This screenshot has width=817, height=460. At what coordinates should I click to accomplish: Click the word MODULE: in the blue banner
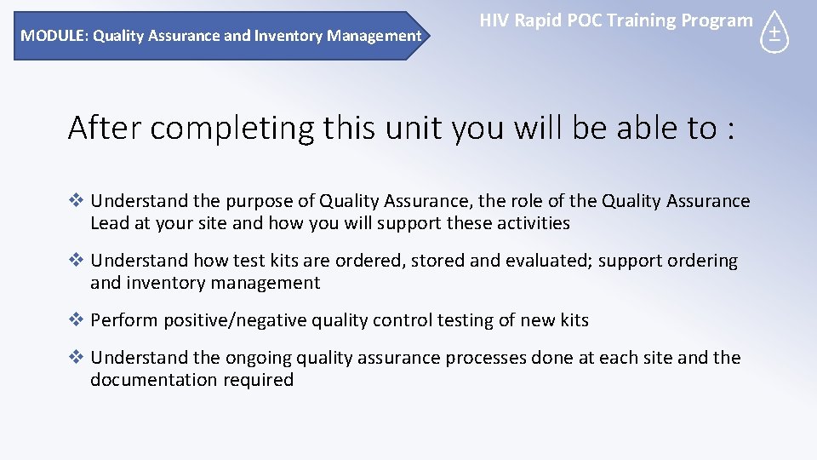(x=54, y=36)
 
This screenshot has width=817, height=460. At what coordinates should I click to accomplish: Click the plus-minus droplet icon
(x=774, y=34)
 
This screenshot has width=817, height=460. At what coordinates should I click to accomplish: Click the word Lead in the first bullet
(x=110, y=223)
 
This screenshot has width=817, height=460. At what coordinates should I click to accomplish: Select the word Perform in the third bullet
(x=124, y=320)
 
